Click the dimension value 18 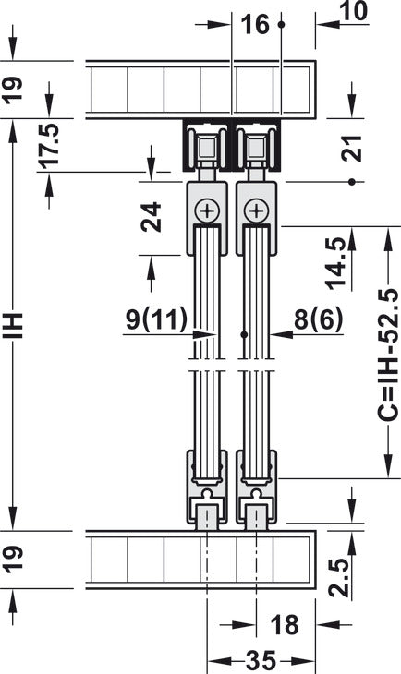coord(285,626)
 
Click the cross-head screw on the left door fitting coord(207,211)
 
